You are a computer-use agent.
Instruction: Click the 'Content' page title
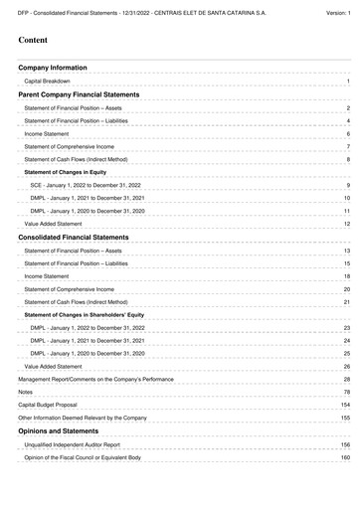point(36,41)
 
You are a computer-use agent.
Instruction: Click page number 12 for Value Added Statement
point(347,225)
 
